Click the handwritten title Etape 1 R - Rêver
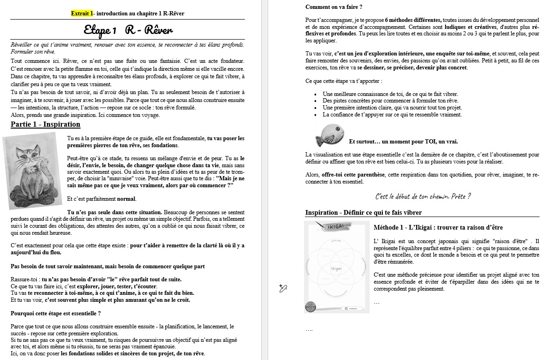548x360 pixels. point(128,31)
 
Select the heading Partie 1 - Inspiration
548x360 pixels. point(45,124)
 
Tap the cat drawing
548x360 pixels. point(33,170)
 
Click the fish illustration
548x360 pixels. point(330,135)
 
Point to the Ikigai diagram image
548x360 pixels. point(337,267)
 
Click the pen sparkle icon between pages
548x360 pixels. point(283,288)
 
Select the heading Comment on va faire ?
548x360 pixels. point(334,7)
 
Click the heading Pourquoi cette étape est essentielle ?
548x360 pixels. point(56,313)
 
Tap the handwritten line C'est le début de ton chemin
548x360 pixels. point(422,196)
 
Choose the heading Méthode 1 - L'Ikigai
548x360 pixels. point(438,227)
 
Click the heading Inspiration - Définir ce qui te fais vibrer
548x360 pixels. point(364,212)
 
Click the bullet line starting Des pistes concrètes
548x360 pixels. point(390,101)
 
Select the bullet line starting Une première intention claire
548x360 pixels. point(392,108)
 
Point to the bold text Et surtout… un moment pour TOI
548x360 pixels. point(403,142)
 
